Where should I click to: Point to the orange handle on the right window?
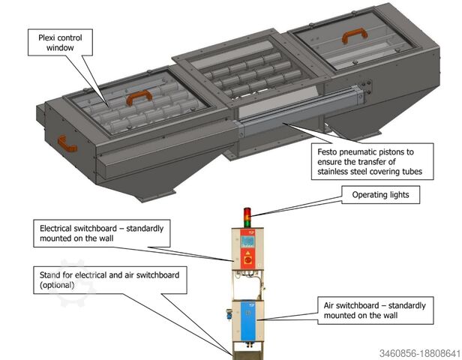352,36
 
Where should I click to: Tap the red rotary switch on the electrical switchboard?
248,263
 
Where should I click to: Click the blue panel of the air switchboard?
249,322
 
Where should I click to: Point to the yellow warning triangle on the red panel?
248,253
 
